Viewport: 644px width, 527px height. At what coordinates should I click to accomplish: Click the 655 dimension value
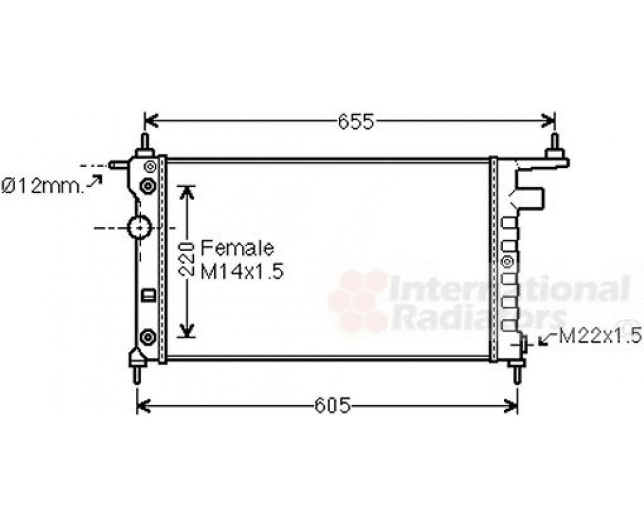[356, 122]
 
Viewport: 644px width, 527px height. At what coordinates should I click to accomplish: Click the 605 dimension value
[333, 406]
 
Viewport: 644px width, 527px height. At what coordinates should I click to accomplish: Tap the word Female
[237, 248]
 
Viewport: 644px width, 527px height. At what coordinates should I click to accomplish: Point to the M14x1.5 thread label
[242, 272]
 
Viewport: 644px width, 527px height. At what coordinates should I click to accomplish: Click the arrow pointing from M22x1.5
[548, 339]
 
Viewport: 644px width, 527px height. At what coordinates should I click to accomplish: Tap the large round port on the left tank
[140, 227]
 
